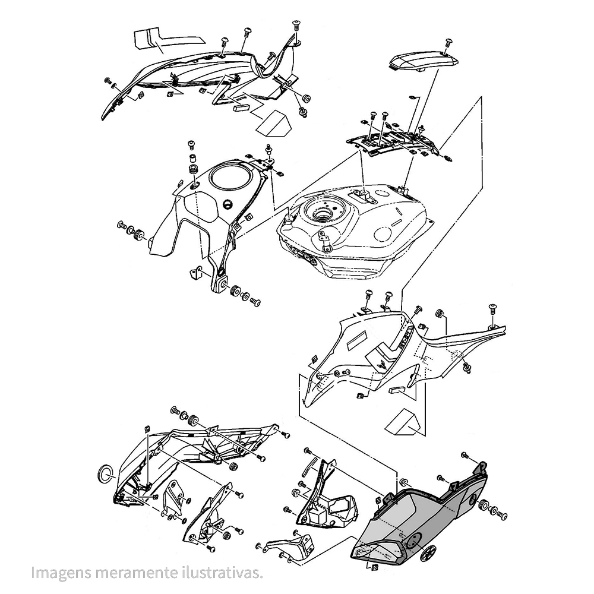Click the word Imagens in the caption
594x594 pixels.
[x=61, y=573]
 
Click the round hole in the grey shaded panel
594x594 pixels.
[x=415, y=539]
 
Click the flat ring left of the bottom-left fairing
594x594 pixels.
[x=105, y=473]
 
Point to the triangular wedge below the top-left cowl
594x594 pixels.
[x=273, y=122]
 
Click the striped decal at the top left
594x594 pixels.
[x=169, y=39]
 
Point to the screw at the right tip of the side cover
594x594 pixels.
[x=493, y=308]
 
